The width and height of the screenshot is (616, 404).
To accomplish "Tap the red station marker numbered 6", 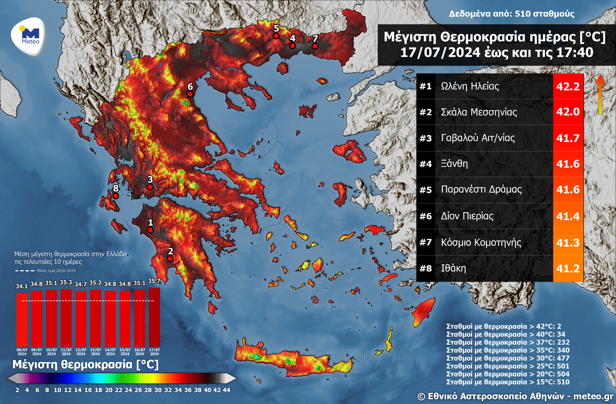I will click(190, 94).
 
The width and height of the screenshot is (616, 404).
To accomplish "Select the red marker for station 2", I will click(170, 258).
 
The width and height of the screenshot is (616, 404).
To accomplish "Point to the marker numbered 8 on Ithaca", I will click(116, 196).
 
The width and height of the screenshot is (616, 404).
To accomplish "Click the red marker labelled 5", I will click(276, 36).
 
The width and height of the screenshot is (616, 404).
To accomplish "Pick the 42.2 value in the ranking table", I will click(568, 86).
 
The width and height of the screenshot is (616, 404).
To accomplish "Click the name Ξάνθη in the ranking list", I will click(454, 163).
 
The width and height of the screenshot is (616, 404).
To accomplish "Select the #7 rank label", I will click(426, 242).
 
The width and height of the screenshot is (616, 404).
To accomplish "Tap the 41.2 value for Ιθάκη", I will click(568, 268).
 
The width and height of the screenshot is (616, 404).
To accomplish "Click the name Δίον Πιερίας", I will click(467, 216).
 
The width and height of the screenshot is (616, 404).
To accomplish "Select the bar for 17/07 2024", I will click(154, 317).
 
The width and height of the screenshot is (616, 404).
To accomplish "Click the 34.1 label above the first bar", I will click(21, 286).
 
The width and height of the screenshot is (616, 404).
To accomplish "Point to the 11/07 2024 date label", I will click(66, 352).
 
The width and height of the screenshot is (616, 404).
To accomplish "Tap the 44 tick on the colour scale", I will click(227, 390).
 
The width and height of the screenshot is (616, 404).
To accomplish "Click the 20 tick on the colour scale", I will click(109, 390).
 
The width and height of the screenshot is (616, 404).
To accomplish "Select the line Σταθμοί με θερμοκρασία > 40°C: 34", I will click(506, 334).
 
